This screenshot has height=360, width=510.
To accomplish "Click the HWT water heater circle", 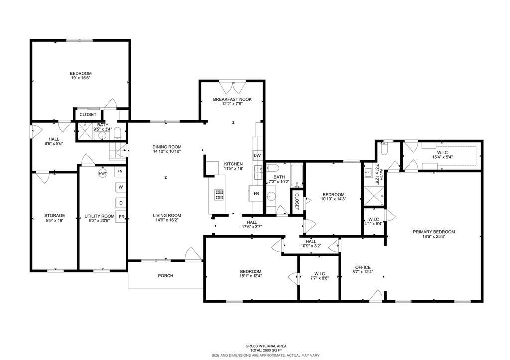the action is (x=103, y=174).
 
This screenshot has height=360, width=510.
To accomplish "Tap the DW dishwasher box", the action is (x=257, y=155).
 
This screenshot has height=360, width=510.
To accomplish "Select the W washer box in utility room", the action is (x=121, y=187).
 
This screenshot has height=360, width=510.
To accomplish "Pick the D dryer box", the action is (x=121, y=203).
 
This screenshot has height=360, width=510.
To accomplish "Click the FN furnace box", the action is (x=120, y=171).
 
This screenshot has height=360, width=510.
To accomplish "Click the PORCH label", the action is (x=165, y=276).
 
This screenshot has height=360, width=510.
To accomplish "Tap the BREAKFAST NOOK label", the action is (x=232, y=99).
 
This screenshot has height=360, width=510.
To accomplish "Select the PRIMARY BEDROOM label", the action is (x=434, y=232).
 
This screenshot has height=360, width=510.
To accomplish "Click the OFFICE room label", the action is (x=363, y=268).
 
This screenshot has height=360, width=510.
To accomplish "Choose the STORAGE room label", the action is (x=55, y=215).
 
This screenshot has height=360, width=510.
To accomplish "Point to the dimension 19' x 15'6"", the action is (x=81, y=78).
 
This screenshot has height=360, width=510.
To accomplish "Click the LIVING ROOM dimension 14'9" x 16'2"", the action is (x=167, y=220).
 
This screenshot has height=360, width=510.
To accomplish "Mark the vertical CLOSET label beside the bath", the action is (x=297, y=202).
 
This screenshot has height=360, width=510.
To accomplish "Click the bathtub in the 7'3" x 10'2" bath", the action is (x=297, y=176).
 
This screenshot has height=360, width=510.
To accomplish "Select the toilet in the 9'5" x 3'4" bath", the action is (x=118, y=133).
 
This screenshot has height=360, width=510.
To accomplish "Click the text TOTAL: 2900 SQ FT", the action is (x=266, y=350).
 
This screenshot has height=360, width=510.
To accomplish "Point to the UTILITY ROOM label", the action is (x=99, y=216).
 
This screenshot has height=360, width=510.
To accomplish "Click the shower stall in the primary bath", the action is (x=374, y=196).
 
